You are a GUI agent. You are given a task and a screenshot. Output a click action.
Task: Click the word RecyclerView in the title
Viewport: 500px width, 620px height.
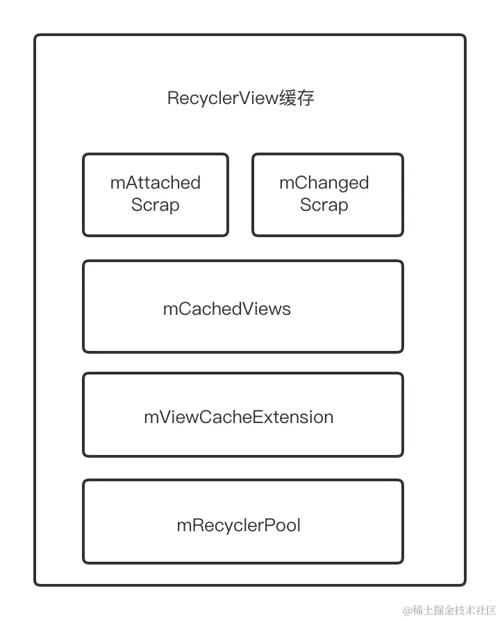click(222, 98)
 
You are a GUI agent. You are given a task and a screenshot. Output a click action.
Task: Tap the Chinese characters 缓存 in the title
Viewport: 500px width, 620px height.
click(297, 98)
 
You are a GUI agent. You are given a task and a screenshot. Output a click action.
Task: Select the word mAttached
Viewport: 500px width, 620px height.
click(156, 183)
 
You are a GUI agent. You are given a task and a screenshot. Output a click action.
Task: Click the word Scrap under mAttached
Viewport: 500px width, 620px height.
click(156, 205)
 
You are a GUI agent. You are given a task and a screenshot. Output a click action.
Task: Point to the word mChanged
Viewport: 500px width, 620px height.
click(324, 183)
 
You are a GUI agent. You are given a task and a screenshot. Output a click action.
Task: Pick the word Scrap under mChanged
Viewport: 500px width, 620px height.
click(324, 205)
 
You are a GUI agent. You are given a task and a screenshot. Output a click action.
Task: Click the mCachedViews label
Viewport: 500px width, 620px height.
click(227, 309)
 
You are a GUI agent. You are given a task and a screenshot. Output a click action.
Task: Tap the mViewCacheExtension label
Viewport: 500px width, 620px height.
click(239, 417)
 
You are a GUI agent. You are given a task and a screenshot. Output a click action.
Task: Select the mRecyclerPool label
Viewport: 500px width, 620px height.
click(239, 525)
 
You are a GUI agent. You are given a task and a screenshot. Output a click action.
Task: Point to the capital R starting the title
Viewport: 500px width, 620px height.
click(173, 98)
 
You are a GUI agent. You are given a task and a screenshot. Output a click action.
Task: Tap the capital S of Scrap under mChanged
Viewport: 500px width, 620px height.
click(306, 205)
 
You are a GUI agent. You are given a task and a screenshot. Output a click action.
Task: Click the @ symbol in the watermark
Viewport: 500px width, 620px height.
click(407, 610)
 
